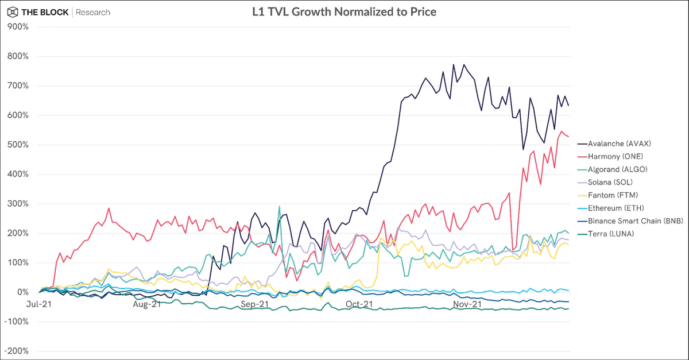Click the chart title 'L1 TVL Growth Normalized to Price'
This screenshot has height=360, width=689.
pyautogui.click(x=344, y=11)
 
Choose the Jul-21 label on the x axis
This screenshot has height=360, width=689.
pyautogui.click(x=40, y=304)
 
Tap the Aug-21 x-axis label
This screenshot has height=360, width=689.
pyautogui.click(x=147, y=304)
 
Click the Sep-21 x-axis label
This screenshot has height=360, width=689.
pyautogui.click(x=254, y=304)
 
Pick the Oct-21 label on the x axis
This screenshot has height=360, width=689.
pyautogui.click(x=359, y=304)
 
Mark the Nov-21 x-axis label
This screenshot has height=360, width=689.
pyautogui.click(x=467, y=304)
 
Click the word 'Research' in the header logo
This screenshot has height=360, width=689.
pyautogui.click(x=93, y=12)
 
